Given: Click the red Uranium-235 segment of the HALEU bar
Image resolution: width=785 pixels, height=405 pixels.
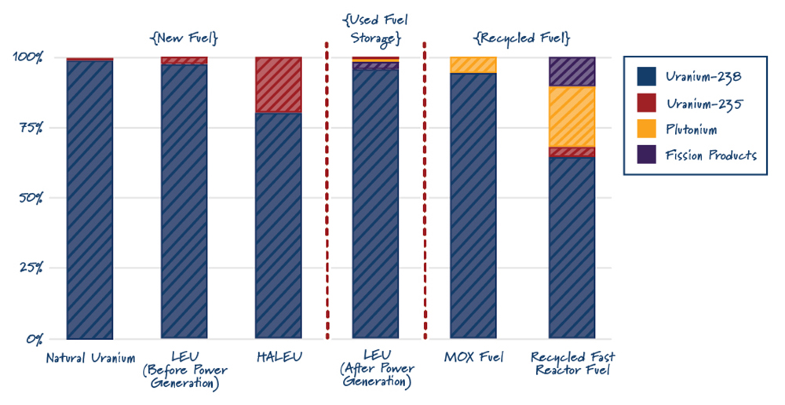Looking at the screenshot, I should (279, 85).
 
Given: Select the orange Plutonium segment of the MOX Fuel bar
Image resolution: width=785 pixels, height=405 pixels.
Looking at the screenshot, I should (473, 64).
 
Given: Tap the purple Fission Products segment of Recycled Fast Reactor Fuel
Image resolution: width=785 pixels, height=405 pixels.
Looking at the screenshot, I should (571, 71).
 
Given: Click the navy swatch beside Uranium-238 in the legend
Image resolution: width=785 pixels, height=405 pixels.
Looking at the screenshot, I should (646, 76).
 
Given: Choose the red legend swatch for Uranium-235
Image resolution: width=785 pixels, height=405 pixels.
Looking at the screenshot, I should (646, 102).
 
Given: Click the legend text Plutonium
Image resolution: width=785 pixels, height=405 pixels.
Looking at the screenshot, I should (690, 129).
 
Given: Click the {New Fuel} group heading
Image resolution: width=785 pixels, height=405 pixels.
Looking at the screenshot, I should (183, 38).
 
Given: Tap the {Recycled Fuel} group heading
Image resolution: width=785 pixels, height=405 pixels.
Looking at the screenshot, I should (521, 38).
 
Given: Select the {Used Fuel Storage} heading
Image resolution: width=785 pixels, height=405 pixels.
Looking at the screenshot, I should (374, 27).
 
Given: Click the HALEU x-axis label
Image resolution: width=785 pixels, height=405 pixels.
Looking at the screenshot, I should (279, 359).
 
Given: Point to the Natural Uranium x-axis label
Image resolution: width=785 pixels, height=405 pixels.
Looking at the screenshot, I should (90, 359).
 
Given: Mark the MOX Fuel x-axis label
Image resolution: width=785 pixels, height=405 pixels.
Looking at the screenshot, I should (473, 359).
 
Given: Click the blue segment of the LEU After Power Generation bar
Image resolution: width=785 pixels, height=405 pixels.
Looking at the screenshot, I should (375, 204).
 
